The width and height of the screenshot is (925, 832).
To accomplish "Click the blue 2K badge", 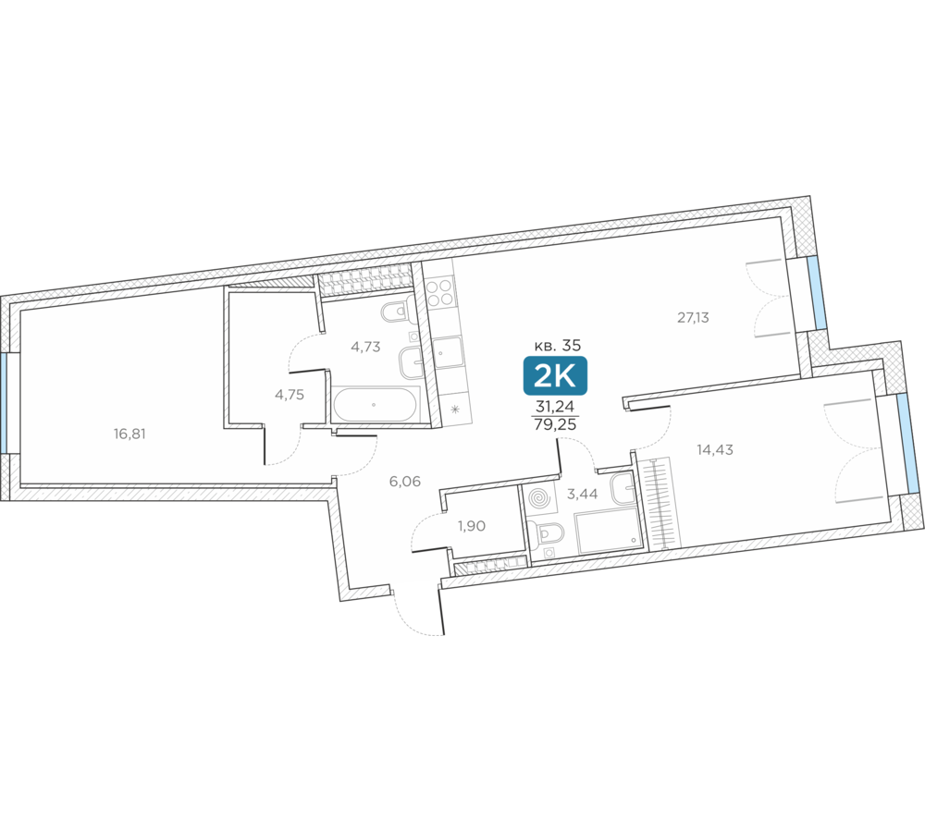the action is pos(555,375).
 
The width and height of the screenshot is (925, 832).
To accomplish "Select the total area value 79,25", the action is pos(555,424).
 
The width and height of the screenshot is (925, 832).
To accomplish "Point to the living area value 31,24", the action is pos(555,407).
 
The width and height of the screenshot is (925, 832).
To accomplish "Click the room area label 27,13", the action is pos(693,318).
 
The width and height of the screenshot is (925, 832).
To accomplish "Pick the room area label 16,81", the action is pos(129,434).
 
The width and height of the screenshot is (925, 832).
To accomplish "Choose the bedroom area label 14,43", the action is pos(715,450).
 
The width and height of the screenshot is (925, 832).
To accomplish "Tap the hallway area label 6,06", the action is pos(405,482).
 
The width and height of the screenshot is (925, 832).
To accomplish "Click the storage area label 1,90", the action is pos(472,526).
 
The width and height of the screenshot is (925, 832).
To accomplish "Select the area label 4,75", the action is pos(290,395).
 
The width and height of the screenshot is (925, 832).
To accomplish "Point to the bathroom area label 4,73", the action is pos(365,347).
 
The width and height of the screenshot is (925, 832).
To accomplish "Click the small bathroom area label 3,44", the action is pos(582,495).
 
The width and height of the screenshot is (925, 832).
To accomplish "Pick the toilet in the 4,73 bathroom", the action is pos(395,312).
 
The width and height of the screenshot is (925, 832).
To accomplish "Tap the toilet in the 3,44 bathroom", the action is pos(549,533).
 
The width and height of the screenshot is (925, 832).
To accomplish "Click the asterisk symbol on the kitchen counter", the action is pos(455,409).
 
